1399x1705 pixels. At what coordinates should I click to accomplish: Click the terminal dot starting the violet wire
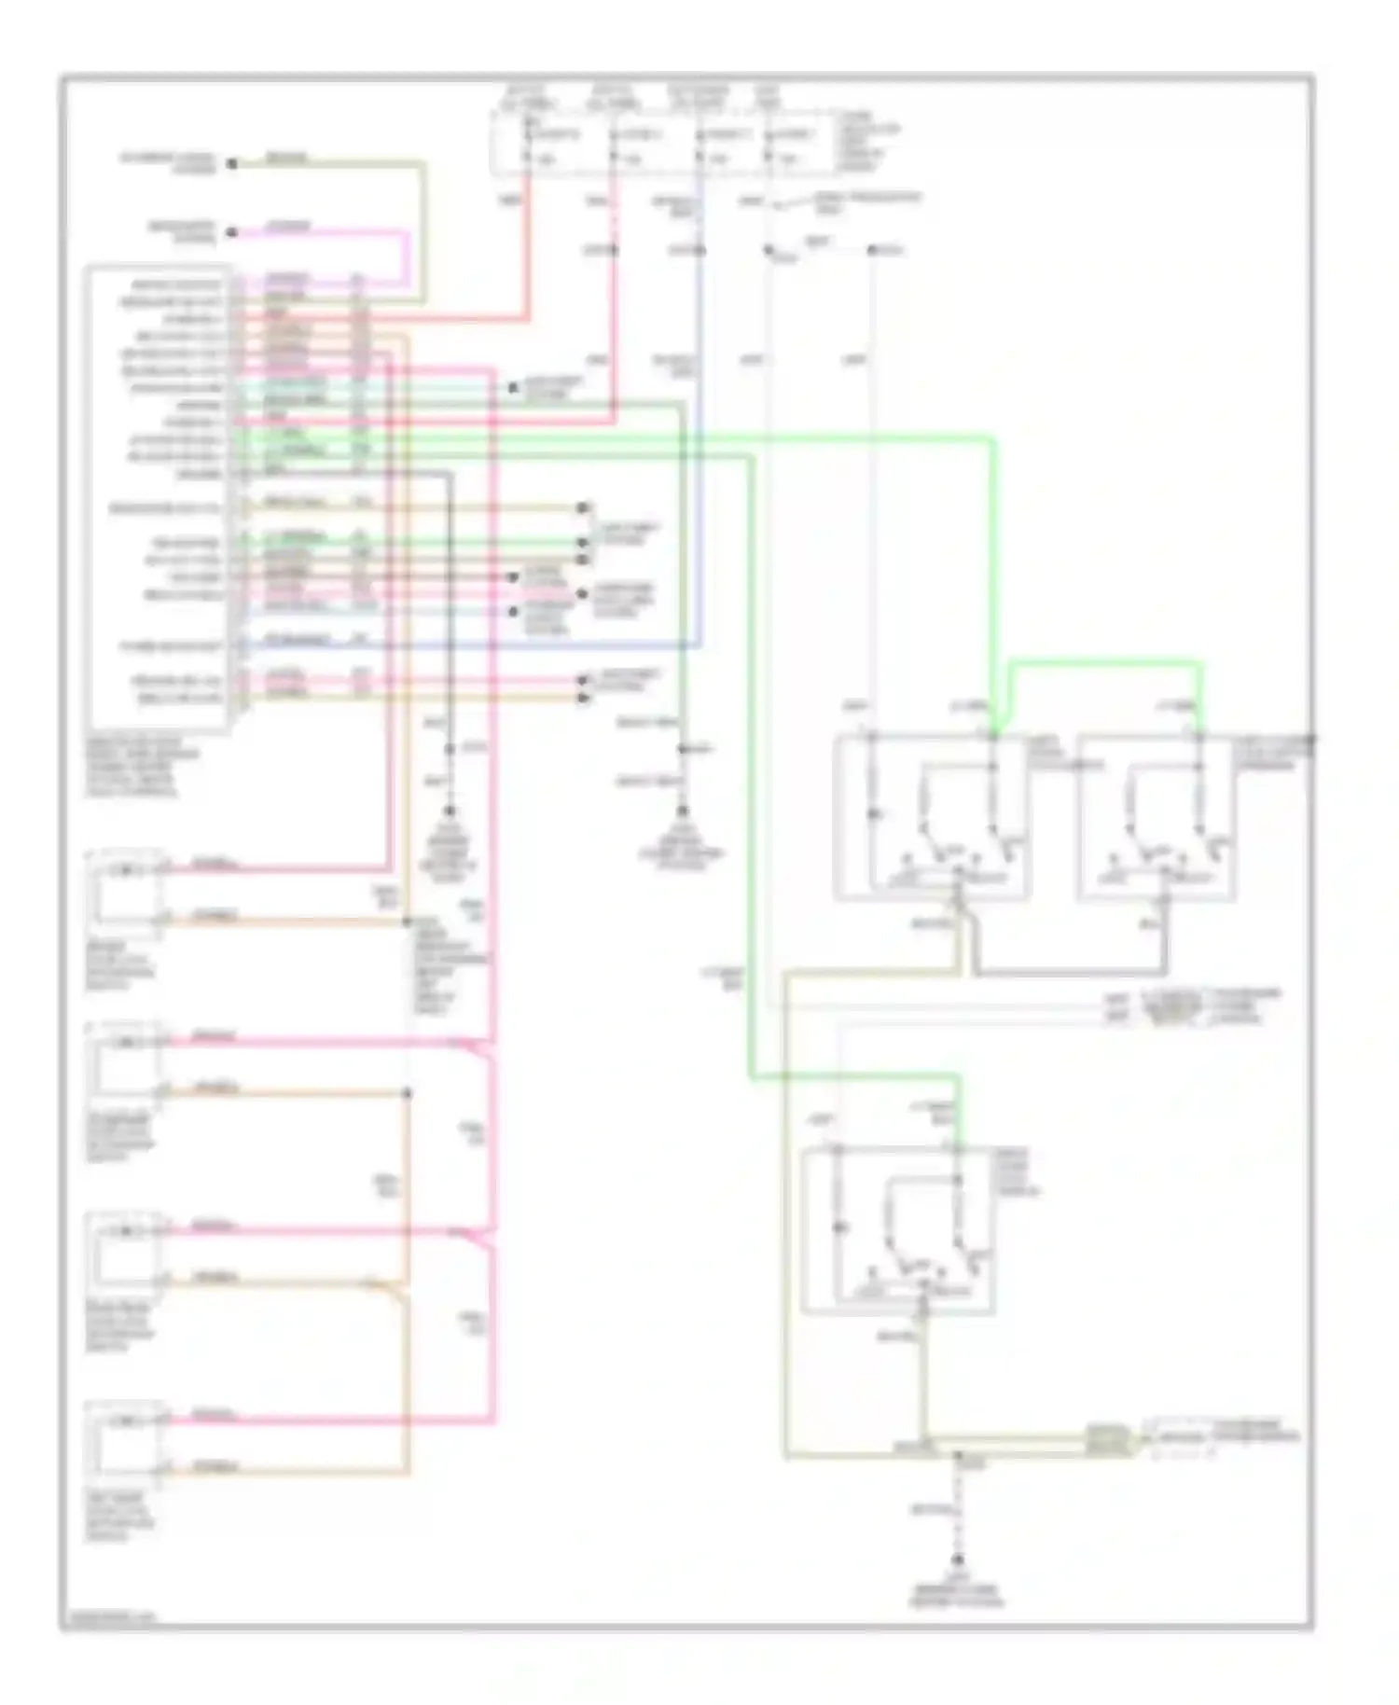(x=233, y=232)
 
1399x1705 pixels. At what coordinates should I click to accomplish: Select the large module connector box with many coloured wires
(x=157, y=499)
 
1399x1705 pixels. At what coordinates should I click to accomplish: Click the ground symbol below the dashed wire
(x=957, y=1559)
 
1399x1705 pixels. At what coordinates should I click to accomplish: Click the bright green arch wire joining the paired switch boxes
(x=1101, y=663)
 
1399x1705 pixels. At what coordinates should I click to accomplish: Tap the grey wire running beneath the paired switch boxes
(x=1073, y=975)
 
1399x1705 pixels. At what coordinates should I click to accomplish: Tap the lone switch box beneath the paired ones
(x=897, y=1231)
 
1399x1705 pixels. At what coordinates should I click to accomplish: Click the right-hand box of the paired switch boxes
(x=1157, y=818)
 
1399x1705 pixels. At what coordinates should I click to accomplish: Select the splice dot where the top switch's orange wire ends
(x=407, y=922)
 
